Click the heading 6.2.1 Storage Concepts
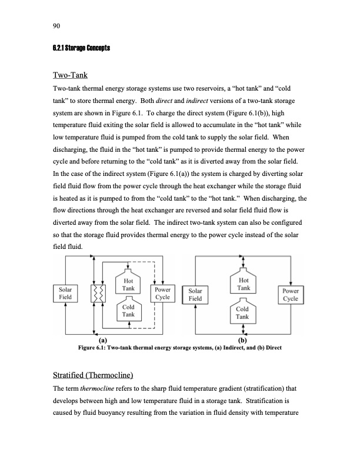(79, 48)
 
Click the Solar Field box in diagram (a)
(65, 294)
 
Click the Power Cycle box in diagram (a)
(163, 294)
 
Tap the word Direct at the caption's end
(271, 348)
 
